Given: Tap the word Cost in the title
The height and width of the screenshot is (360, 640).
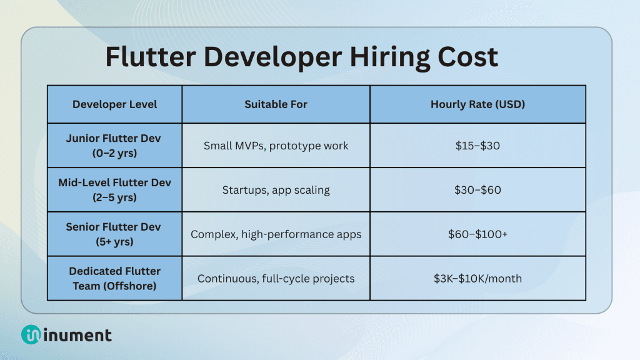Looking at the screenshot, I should (x=465, y=57).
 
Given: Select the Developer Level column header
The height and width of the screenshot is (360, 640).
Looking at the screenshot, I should (x=114, y=104).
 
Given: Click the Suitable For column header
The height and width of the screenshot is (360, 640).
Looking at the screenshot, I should (x=276, y=104).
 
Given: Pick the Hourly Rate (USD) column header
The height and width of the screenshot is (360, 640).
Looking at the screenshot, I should (x=477, y=104).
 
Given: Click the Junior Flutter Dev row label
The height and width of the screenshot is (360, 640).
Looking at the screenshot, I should (x=114, y=146).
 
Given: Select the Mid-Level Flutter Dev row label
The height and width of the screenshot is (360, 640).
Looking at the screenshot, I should (x=114, y=190).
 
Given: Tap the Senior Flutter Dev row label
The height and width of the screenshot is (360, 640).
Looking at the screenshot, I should (x=114, y=234).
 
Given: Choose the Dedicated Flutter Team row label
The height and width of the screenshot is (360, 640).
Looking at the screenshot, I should (x=114, y=278).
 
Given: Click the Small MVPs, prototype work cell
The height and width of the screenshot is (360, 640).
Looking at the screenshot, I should (x=276, y=146).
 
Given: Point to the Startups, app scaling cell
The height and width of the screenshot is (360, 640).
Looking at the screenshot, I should (x=276, y=190).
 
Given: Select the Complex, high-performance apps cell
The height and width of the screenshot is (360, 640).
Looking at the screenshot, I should (x=276, y=234).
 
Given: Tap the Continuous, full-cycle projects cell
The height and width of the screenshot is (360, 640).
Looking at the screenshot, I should (x=276, y=278).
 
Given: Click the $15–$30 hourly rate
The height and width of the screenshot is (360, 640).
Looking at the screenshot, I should (x=477, y=146).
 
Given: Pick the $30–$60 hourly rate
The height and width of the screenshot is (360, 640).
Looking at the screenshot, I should (x=477, y=190).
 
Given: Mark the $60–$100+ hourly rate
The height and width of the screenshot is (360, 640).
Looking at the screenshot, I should (x=477, y=234).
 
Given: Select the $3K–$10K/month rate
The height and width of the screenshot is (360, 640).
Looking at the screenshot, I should (x=477, y=278).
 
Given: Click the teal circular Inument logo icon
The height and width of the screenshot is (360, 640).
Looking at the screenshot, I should (x=31, y=335).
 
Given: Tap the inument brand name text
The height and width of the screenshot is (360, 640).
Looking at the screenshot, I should (x=77, y=335).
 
